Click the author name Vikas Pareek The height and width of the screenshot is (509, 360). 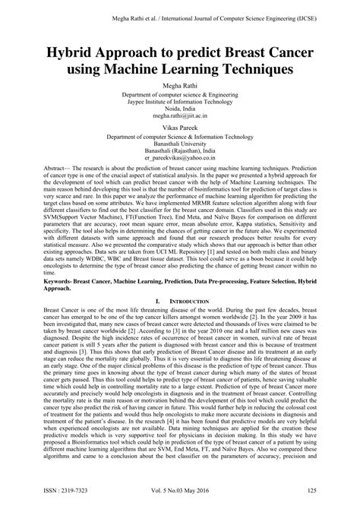tap(179, 128)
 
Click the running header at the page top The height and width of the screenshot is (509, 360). tap(179, 9)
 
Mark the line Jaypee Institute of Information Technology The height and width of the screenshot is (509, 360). tap(179, 100)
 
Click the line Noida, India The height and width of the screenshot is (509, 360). tap(179, 109)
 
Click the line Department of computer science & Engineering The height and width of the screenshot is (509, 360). tap(179, 92)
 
